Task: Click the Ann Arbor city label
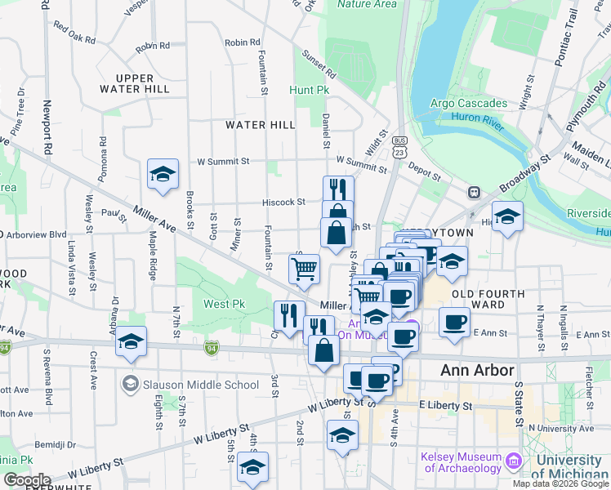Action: [x=478, y=370]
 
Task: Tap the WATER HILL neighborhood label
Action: [x=261, y=125]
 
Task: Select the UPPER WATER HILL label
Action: [x=134, y=82]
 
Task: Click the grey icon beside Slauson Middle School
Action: [x=130, y=384]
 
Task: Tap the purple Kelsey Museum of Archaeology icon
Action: [x=512, y=462]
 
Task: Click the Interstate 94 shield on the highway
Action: [x=211, y=349]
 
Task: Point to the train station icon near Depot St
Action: [x=473, y=192]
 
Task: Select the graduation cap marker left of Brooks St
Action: [x=163, y=174]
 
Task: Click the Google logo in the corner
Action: [x=27, y=480]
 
